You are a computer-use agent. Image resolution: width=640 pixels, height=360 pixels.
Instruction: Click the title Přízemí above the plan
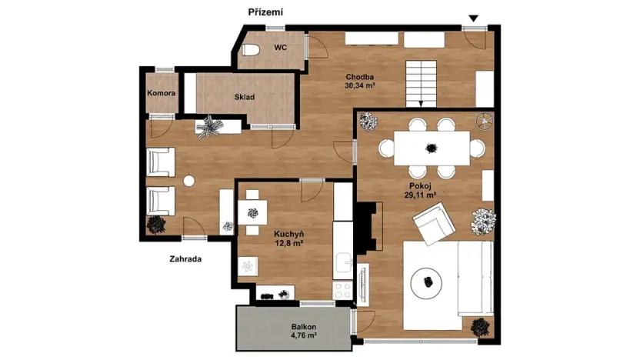(x=265, y=12)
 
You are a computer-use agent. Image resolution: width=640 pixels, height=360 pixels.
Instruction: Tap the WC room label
(x=281, y=48)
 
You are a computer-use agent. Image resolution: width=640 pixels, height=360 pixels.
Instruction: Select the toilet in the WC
(x=251, y=50)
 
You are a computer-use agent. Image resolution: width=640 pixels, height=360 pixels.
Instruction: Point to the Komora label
(x=162, y=93)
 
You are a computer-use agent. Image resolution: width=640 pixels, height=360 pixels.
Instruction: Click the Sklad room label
(x=245, y=97)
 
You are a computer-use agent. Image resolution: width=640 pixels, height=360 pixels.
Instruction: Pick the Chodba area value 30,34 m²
(x=360, y=85)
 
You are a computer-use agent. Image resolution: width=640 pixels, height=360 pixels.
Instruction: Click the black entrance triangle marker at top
(x=474, y=18)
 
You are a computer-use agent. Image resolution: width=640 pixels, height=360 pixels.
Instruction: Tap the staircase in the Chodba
(x=421, y=84)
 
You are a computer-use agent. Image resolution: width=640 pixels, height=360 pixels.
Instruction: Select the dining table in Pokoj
(x=432, y=148)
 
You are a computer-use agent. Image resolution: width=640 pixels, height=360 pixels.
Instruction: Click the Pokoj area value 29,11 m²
(x=421, y=195)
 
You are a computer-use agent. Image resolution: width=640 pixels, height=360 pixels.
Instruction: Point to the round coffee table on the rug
(x=426, y=283)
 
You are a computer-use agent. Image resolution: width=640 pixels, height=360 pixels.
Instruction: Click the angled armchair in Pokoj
(x=434, y=224)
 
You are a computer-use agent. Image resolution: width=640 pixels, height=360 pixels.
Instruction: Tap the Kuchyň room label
(x=289, y=235)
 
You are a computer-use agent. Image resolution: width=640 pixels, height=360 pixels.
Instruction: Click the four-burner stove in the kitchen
(x=342, y=291)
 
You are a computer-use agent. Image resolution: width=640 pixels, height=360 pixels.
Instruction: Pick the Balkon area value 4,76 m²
(x=304, y=336)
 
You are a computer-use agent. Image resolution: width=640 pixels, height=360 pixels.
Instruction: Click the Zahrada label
(x=185, y=258)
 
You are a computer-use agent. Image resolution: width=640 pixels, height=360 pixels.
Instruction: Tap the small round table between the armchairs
(x=188, y=181)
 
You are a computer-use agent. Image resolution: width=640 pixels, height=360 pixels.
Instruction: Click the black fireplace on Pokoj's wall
(x=370, y=226)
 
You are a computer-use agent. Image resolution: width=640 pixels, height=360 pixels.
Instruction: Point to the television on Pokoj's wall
(x=363, y=285)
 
